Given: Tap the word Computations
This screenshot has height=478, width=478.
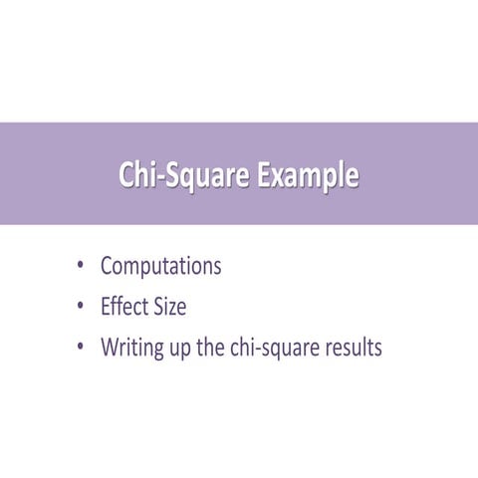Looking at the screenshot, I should point(160,267).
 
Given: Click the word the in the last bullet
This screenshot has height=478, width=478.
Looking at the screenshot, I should point(220,349).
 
